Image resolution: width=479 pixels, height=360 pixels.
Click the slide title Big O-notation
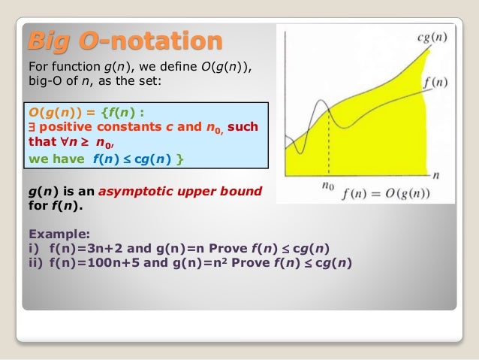coord(125,41)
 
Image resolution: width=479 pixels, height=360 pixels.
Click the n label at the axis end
coord(436,174)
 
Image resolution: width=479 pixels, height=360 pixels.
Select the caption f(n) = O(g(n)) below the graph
coord(386,192)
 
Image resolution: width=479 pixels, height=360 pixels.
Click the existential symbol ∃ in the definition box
coord(32,127)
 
